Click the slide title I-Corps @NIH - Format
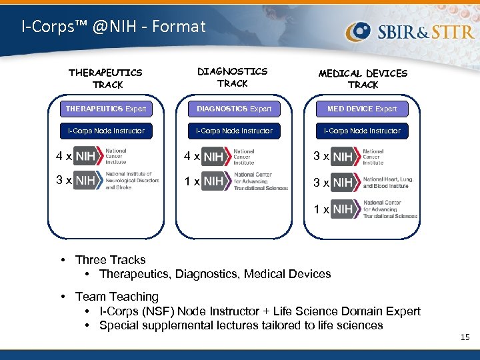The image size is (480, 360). (x=113, y=27)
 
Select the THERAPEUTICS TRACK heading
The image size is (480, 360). (x=105, y=78)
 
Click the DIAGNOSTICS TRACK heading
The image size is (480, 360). (x=232, y=77)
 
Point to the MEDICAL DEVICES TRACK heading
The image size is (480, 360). (x=363, y=79)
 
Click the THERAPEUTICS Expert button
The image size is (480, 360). (x=105, y=109)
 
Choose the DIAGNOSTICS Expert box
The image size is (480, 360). (x=234, y=109)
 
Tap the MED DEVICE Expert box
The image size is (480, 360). (x=362, y=109)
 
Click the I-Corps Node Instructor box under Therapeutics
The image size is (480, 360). (x=105, y=131)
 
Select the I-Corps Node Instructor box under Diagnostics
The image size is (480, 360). (x=234, y=131)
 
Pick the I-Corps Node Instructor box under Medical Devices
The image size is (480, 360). (x=362, y=131)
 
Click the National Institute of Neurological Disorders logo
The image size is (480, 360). (x=117, y=181)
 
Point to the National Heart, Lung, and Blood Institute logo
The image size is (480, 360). (x=375, y=182)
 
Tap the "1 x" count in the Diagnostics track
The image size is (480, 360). (x=192, y=182)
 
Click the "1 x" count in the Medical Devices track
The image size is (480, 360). (x=321, y=209)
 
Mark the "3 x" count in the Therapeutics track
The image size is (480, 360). (x=63, y=181)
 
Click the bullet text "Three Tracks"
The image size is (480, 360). (x=110, y=260)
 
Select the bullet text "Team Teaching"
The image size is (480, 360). (x=117, y=297)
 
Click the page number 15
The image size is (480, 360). (x=465, y=338)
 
